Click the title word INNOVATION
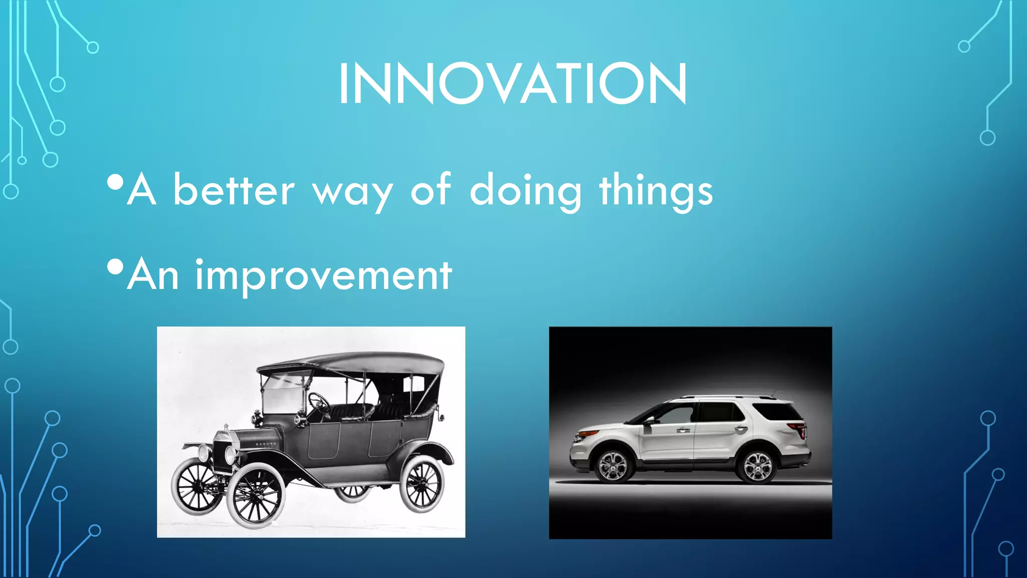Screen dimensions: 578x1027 coord(512,83)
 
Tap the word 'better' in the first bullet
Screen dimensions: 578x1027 coord(234,190)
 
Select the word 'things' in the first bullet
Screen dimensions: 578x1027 coord(656,191)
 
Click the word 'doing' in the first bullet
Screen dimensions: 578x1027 coord(525,191)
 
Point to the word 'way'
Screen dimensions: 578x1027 coord(352,193)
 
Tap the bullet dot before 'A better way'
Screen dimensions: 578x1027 coord(115,183)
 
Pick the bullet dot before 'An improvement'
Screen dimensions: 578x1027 coord(115,267)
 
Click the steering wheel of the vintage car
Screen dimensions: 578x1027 coord(318,401)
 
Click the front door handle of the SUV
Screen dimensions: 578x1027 coord(682,430)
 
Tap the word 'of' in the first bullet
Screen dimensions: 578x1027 coord(431,189)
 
